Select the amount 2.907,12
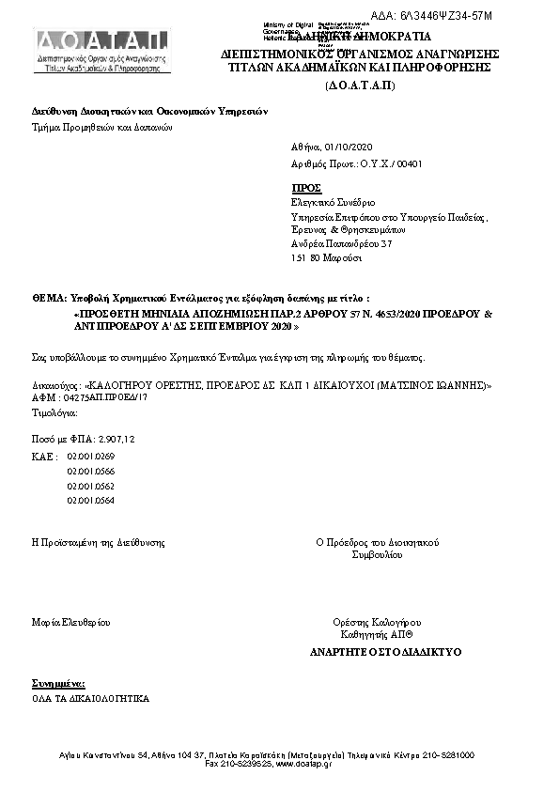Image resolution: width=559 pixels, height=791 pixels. coord(116,439)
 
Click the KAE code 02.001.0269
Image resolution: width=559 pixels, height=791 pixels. coord(90,456)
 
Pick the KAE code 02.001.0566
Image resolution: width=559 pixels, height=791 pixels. coord(90,471)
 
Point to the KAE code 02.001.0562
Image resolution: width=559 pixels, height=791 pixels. coord(90,486)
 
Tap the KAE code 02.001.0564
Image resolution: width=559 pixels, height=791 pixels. coord(90,501)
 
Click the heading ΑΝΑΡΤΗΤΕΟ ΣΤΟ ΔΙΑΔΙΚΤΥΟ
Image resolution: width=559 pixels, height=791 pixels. coord(385,651)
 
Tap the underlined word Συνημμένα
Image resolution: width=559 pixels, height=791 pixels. coord(59,682)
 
